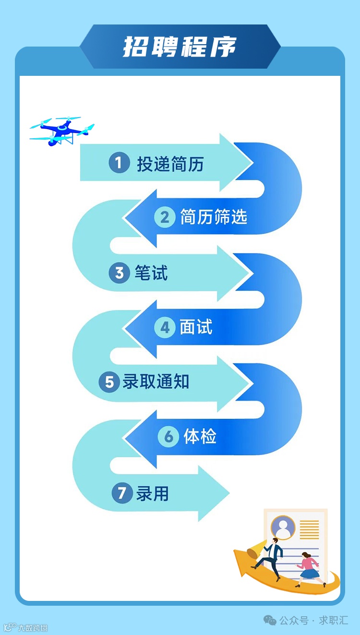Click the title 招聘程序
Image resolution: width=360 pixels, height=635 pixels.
(180, 47)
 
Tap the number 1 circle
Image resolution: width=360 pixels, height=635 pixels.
(119, 163)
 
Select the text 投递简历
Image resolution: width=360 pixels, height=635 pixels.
(170, 164)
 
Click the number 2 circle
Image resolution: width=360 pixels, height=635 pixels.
(165, 217)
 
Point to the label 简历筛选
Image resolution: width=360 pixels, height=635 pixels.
(214, 217)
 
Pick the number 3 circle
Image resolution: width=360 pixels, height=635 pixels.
(119, 273)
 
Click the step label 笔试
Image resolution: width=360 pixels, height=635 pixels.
(151, 273)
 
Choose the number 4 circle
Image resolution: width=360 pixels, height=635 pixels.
(165, 328)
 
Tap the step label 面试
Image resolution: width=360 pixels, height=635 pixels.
(196, 328)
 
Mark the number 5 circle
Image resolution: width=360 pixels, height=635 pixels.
(109, 382)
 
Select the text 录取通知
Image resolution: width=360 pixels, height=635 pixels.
(156, 382)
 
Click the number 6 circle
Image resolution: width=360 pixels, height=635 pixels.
(168, 437)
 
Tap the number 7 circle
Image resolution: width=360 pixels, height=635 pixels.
(122, 493)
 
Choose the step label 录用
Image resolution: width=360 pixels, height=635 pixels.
(153, 493)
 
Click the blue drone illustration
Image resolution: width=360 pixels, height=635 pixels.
(61, 130)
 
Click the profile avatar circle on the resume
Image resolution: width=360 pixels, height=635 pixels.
(283, 528)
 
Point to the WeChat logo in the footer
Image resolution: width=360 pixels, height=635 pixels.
(270, 620)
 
